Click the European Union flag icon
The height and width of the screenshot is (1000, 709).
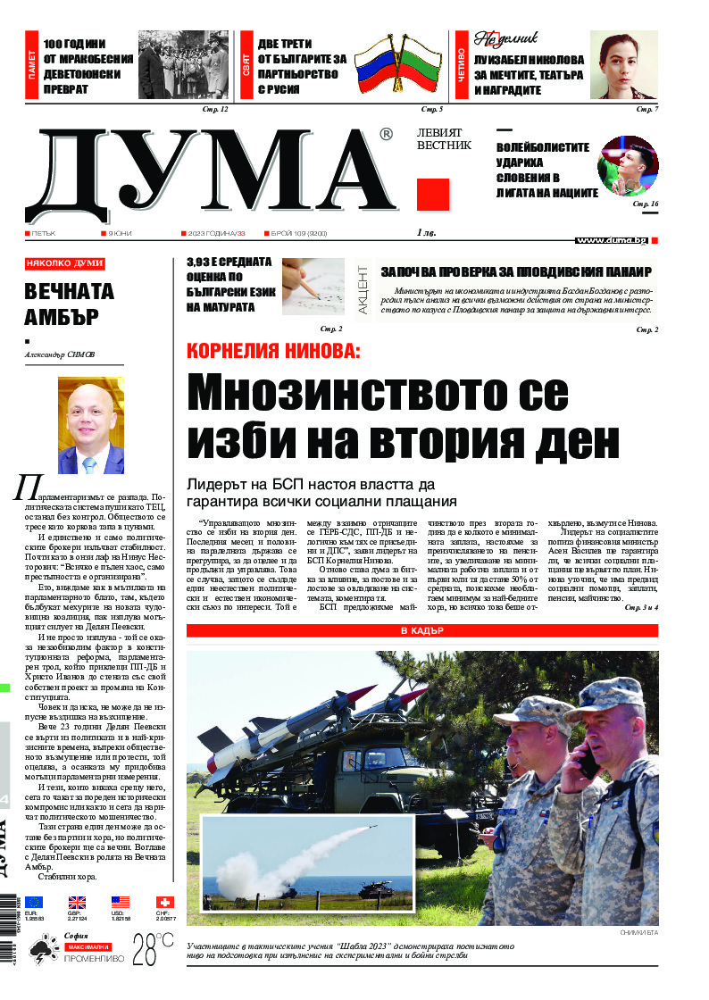coord(34,903)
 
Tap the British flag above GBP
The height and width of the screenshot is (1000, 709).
coord(78,903)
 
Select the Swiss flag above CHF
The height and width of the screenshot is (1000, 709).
coord(165,903)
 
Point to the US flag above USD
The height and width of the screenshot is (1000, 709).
coord(121,903)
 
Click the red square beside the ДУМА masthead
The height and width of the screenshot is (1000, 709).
coord(432,195)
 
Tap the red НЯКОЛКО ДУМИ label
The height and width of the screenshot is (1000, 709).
coord(65,263)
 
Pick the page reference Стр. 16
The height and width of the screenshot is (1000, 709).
coord(645,204)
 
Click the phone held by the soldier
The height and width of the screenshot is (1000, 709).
coord(588,762)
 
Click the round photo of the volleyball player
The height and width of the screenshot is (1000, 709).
coord(628,167)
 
